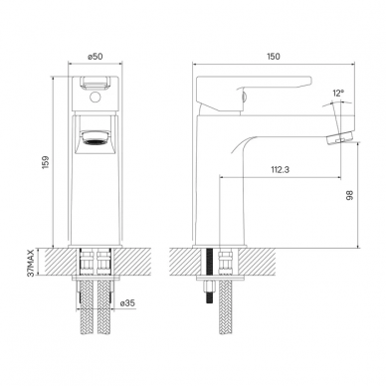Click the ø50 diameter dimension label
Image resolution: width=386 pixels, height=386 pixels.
[x=96, y=57]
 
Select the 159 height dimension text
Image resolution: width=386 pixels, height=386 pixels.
[x=46, y=162]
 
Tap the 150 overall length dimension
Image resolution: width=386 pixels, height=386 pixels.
[x=274, y=57]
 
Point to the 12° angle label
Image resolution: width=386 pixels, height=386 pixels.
[x=338, y=94]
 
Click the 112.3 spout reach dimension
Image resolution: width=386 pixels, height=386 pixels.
[x=281, y=170]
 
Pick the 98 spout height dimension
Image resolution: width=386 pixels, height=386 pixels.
[x=349, y=195]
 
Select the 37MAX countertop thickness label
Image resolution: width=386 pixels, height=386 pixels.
[x=31, y=263]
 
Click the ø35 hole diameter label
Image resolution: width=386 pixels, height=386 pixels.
[x=127, y=302]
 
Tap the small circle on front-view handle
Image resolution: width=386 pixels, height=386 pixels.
[x=96, y=97]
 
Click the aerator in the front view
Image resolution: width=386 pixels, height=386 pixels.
[x=96, y=137]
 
